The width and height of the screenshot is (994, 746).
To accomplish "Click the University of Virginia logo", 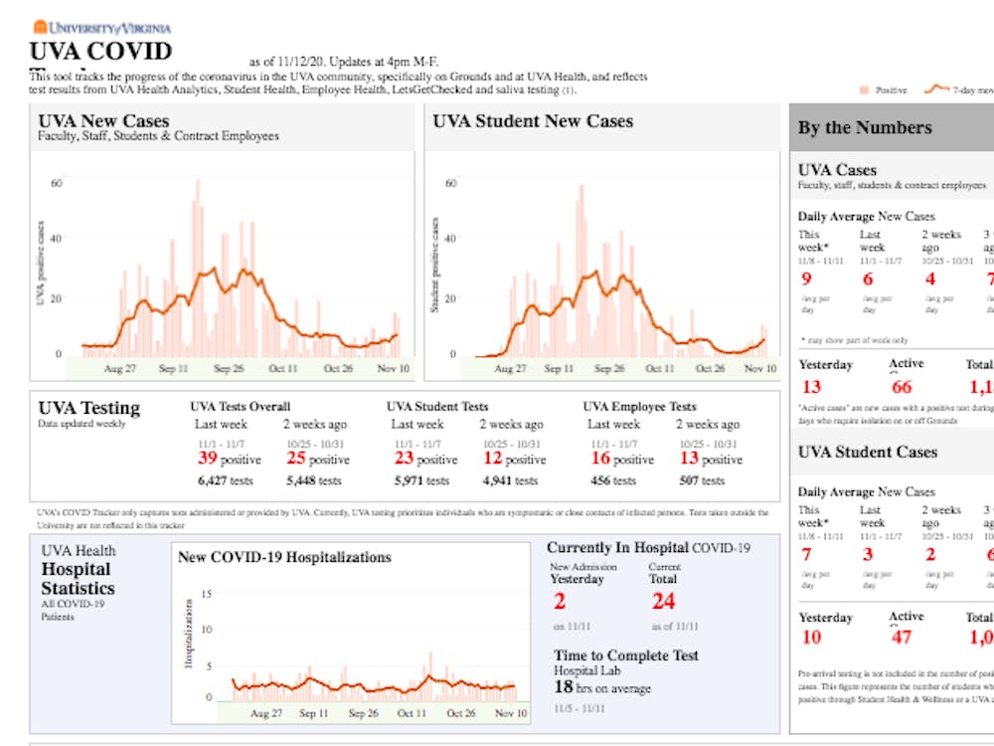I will tap(101, 28).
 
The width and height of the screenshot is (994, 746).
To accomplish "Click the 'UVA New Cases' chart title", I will tap(103, 121).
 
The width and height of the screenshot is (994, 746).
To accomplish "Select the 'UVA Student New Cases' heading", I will tap(533, 121).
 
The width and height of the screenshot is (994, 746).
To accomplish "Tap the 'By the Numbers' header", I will tap(865, 127).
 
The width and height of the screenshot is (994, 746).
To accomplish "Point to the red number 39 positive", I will tap(206, 459).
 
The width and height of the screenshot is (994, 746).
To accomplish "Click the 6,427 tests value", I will tap(226, 480).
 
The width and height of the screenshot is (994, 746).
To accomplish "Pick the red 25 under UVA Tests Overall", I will tap(296, 459).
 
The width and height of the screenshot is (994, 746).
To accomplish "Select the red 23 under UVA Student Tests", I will tap(403, 459).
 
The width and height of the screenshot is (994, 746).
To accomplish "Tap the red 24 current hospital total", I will tap(663, 601).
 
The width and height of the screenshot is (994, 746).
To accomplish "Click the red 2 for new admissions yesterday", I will tap(559, 601).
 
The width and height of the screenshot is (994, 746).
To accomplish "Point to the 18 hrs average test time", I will tap(563, 687).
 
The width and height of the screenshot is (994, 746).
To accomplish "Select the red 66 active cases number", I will tap(902, 387).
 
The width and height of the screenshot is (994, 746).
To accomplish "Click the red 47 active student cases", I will tap(902, 638).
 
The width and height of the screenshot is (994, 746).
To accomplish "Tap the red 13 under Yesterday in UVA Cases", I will tap(812, 387).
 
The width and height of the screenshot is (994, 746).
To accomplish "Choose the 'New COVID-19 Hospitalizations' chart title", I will tap(284, 557).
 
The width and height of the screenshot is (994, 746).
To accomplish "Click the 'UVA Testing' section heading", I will tap(88, 408).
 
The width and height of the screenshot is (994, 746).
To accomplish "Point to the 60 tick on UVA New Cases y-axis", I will tap(57, 183).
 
